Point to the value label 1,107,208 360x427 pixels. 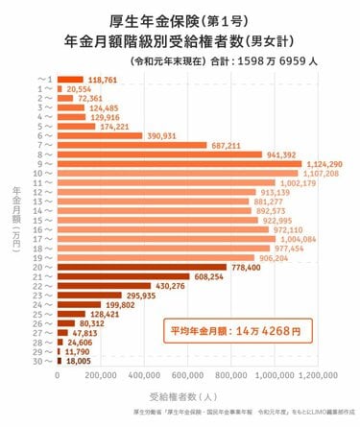322,173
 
